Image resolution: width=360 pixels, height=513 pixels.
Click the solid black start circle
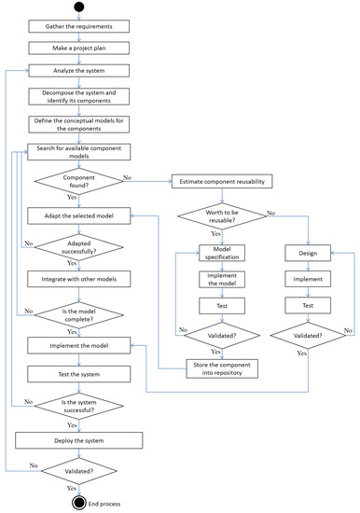pyautogui.click(x=85, y=8)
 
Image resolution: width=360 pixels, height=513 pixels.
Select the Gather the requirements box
pyautogui.click(x=85, y=26)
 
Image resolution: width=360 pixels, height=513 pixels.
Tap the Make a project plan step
pyautogui.click(x=85, y=48)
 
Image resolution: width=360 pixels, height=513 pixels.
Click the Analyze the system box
pyautogui.click(x=85, y=70)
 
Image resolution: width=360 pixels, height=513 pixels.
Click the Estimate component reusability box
pyautogui.click(x=221, y=181)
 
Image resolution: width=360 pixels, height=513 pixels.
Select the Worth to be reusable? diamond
pyautogui.click(x=221, y=217)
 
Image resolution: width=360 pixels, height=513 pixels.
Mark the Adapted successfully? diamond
pyautogui.click(x=85, y=246)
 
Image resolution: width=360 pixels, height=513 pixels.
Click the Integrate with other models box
pyautogui.click(x=85, y=279)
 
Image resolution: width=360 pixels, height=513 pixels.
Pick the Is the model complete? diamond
pyautogui.click(x=85, y=312)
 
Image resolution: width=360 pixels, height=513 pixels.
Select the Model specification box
pyautogui.click(x=221, y=253)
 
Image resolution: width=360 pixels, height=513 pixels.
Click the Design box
pyautogui.click(x=307, y=253)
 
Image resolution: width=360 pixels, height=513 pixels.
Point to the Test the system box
pyautogui.click(x=85, y=374)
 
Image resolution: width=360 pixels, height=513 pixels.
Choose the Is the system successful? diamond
pyautogui.click(x=85, y=406)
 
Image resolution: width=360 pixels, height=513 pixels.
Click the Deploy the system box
pyautogui.click(x=85, y=439)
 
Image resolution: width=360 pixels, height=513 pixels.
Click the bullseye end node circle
pyautogui.click(x=85, y=502)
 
